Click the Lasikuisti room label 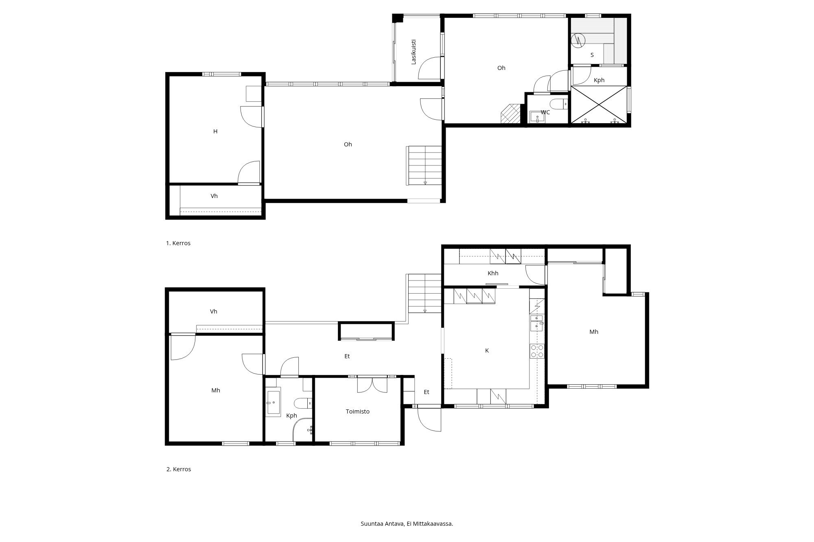(414, 52)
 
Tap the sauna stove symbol (578, 40)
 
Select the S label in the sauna (592, 55)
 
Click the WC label (545, 112)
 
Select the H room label (215, 131)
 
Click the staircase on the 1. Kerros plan (424, 165)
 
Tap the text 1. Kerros (178, 243)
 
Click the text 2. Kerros (179, 469)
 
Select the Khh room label (493, 273)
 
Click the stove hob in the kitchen (537, 351)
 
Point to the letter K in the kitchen (487, 350)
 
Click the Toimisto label (358, 411)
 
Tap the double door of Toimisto (372, 385)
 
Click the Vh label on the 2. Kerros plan (213, 311)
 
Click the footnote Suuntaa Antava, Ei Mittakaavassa (407, 524)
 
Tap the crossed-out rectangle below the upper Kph (599, 104)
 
